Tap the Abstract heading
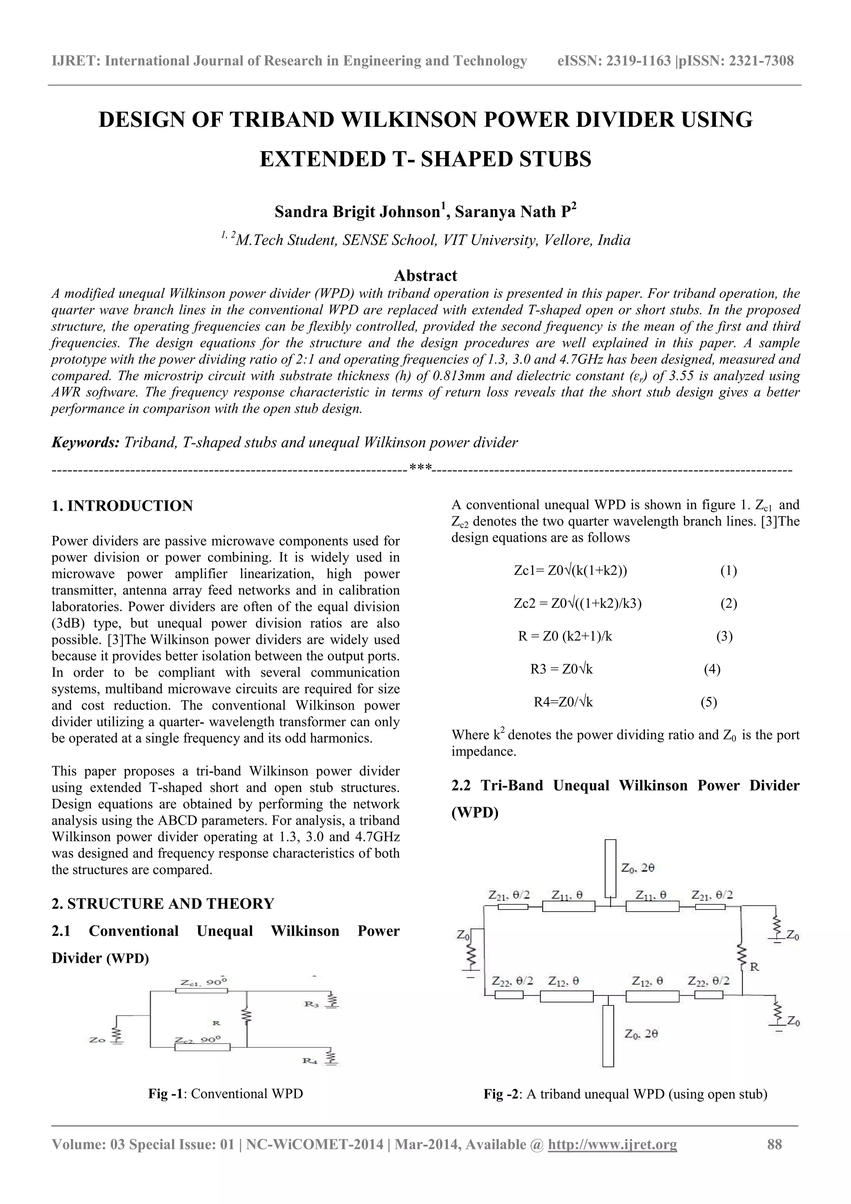click(x=425, y=275)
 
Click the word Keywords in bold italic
click(x=86, y=442)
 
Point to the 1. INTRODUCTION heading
click(x=122, y=506)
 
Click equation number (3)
click(x=724, y=636)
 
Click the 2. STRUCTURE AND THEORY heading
click(x=163, y=904)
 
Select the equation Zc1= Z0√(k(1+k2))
click(x=571, y=570)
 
